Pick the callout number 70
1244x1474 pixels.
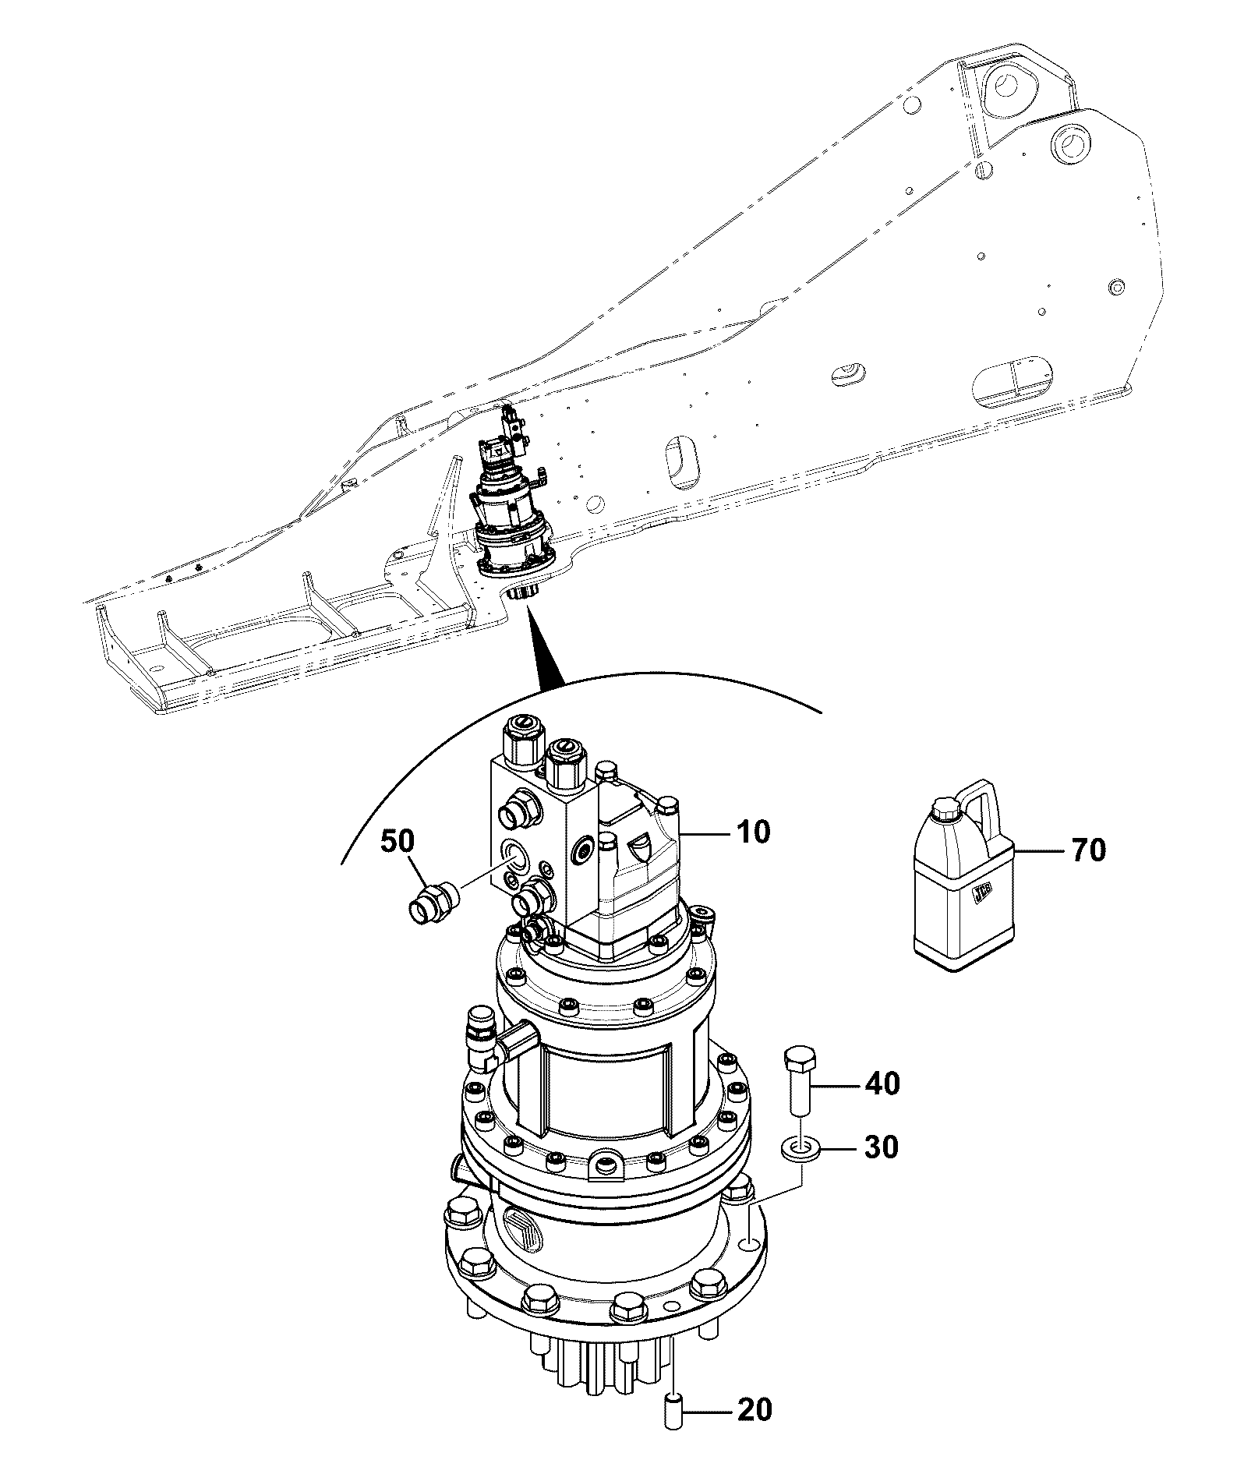[x=1088, y=850]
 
